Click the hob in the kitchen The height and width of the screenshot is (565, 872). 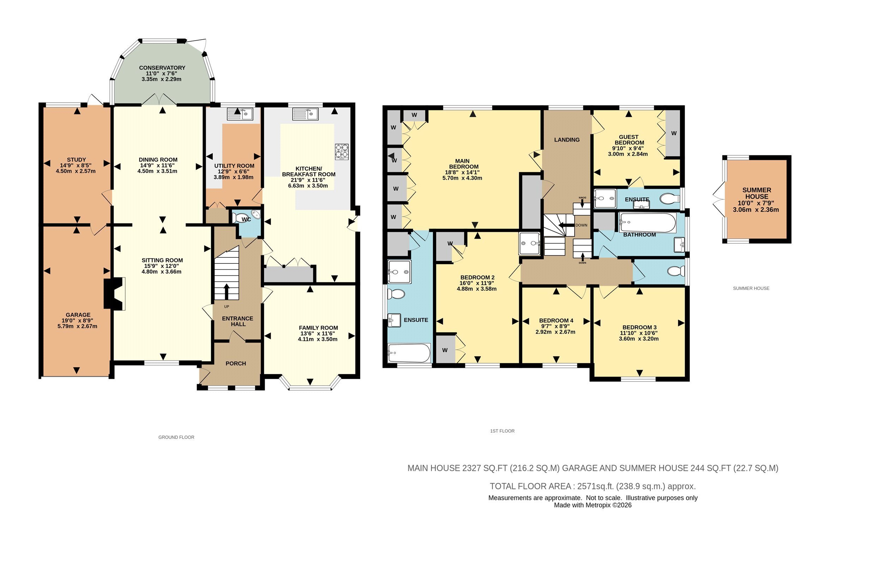pos(342,152)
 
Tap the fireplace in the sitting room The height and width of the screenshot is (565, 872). pos(115,293)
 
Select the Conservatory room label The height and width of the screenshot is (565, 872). pos(162,68)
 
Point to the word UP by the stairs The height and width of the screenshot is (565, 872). pos(227,307)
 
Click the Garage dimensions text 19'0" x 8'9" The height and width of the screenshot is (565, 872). pos(77,320)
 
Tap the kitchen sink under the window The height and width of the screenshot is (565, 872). pos(306,114)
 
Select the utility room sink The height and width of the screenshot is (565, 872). pos(240,114)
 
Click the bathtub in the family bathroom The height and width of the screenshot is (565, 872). pos(648,222)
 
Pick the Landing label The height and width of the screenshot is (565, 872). pos(567,140)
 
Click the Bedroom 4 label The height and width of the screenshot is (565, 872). pos(556,320)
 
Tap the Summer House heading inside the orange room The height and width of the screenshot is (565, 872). pos(757,193)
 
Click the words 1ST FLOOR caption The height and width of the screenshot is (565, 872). pos(502,431)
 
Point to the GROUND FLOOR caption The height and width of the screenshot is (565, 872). pos(176,437)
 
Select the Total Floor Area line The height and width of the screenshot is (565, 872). pos(593,486)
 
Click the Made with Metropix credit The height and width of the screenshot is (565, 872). pos(593,505)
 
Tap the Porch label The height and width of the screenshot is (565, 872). pos(236,363)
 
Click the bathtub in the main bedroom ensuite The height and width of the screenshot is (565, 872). pos(409,353)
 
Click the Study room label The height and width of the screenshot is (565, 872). pos(76,160)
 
